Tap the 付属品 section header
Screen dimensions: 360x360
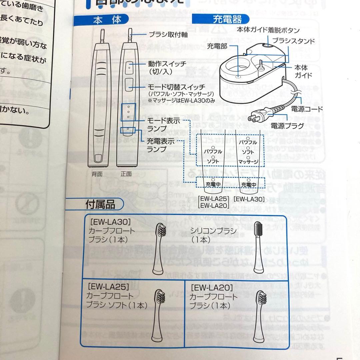tap(100, 204)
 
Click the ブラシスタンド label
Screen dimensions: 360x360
tap(294, 41)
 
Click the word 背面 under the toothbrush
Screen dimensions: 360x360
tap(97, 174)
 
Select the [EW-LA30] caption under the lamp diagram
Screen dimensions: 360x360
tap(249, 199)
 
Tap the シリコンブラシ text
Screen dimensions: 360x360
tap(213, 231)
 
